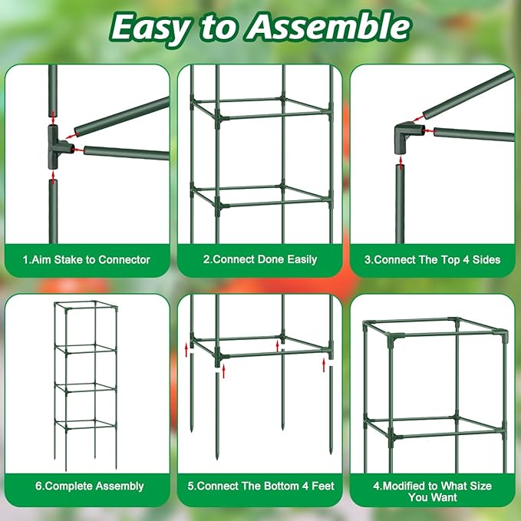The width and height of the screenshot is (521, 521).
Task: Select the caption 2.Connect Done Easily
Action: (260, 259)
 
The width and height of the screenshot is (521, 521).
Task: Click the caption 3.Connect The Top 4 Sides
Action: (432, 259)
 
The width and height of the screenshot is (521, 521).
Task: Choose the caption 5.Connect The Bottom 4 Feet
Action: (260, 486)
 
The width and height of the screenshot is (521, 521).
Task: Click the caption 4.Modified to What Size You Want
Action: (432, 491)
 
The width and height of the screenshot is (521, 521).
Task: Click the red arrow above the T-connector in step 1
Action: (52, 116)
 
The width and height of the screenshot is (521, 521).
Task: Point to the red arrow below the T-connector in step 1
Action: (52, 176)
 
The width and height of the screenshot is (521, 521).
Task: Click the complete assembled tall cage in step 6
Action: (86, 384)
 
